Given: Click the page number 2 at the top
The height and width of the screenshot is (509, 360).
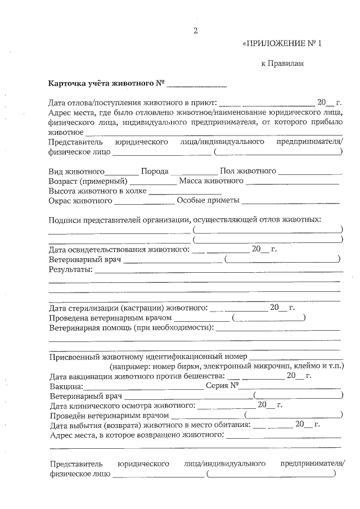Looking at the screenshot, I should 195,31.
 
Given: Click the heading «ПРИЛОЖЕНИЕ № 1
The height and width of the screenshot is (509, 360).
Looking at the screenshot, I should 281,43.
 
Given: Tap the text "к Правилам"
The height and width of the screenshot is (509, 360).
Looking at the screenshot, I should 282,64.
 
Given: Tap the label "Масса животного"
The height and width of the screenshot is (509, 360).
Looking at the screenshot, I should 211,181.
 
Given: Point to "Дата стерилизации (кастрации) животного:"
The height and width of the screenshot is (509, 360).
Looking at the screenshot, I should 128,308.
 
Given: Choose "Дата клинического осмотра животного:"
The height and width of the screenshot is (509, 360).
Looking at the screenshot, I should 123,406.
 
